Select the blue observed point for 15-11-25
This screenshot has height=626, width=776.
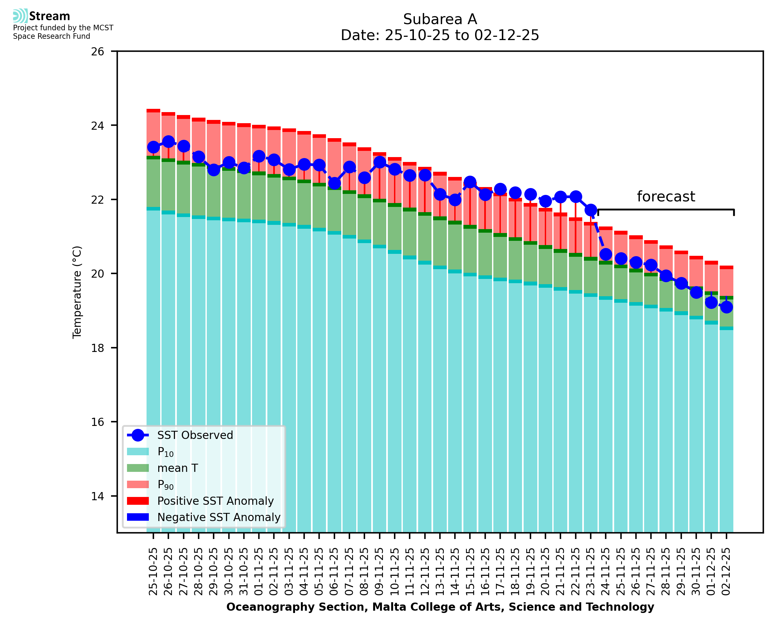[470, 182]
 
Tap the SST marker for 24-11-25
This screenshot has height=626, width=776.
[606, 254]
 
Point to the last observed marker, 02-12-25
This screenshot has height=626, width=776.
[726, 307]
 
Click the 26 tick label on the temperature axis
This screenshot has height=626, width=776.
[97, 51]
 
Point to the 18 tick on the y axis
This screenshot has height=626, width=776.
[97, 348]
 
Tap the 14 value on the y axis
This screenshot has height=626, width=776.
[97, 496]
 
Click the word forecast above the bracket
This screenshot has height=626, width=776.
[666, 197]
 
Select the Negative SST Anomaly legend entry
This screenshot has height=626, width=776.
[219, 517]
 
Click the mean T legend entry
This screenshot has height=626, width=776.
[177, 468]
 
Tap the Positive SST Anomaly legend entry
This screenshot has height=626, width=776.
[216, 501]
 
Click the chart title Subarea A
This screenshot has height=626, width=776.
[440, 19]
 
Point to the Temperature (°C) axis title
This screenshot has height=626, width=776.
[77, 292]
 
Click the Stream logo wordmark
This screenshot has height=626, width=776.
[49, 16]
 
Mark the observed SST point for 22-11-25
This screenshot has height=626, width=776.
[575, 197]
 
